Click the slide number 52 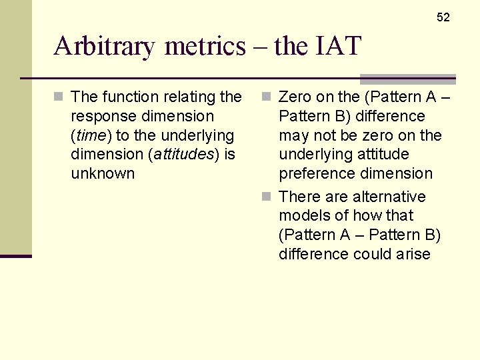[443, 17]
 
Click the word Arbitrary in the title [106, 46]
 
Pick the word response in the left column [103, 116]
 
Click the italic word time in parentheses [91, 135]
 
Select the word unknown [103, 174]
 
